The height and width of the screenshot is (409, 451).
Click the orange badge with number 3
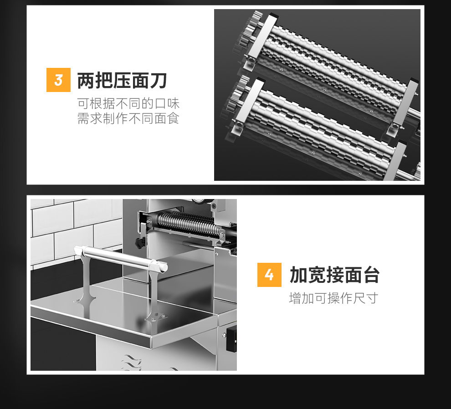point(58,80)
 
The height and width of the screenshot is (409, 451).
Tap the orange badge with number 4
point(269,275)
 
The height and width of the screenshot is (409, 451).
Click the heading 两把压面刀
point(122,81)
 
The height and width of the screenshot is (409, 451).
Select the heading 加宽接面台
point(334,275)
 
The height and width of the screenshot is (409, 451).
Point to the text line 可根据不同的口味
point(128,103)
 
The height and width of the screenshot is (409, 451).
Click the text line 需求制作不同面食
point(128,118)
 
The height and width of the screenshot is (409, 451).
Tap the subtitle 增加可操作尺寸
point(333,298)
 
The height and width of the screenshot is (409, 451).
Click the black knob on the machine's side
point(140,243)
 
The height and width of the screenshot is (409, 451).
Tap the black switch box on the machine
point(231,339)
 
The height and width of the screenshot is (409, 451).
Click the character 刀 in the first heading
point(158,81)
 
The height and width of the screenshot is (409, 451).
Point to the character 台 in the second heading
point(371,275)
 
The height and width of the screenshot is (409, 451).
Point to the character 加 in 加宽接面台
point(298,275)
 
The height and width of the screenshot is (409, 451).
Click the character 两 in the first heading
point(86,81)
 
